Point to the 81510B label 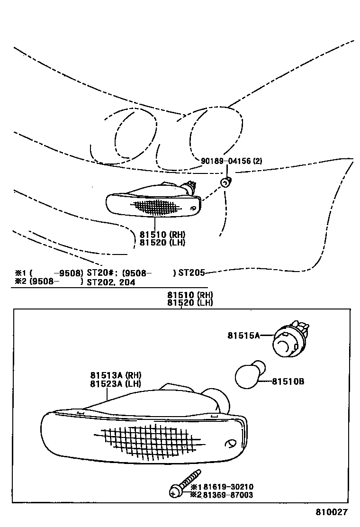pyautogui.click(x=288, y=381)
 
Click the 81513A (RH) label pyautogui.click(x=115, y=376)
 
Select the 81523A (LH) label pyautogui.click(x=115, y=384)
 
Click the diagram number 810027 pyautogui.click(x=332, y=512)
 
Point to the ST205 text pyautogui.click(x=191, y=273)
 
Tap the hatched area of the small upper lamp pyautogui.click(x=156, y=207)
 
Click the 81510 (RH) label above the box pyautogui.click(x=190, y=294)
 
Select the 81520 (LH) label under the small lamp pyautogui.click(x=162, y=243)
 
